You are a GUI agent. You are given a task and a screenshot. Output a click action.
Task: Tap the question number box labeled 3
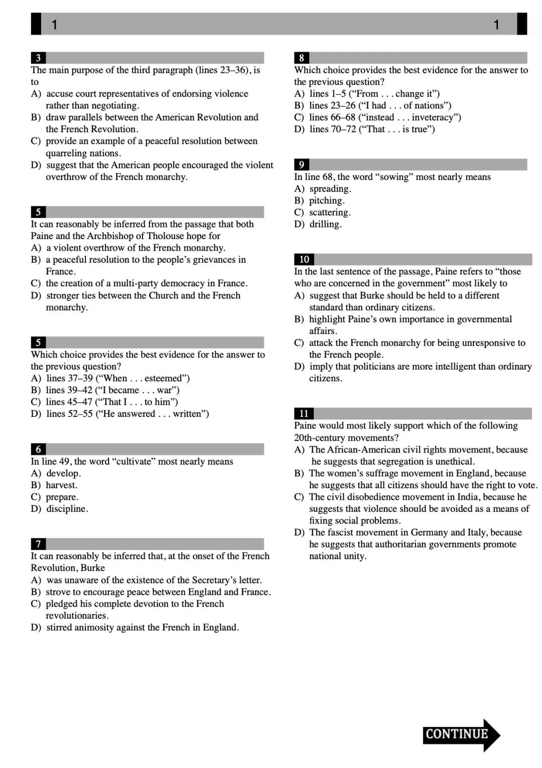pyautogui.click(x=38, y=58)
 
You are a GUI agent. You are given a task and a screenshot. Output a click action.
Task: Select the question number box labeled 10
pyautogui.click(x=304, y=259)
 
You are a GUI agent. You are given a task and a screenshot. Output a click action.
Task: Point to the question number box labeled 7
pyautogui.click(x=38, y=544)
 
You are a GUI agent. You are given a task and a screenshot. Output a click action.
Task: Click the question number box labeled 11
pyautogui.click(x=304, y=413)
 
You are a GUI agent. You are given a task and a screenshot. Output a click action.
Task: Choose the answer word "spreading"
pyautogui.click(x=329, y=189)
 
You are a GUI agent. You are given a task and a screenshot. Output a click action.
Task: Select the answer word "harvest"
pyautogui.click(x=61, y=485)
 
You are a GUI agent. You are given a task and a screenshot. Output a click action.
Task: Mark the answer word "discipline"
pyautogui.click(x=66, y=509)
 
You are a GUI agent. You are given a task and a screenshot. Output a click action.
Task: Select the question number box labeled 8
pyautogui.click(x=302, y=58)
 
